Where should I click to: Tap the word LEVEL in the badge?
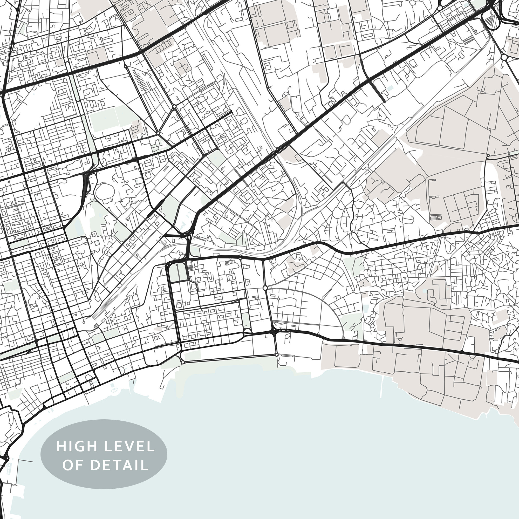pos(129,446)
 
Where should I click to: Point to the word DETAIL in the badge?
pos(119,465)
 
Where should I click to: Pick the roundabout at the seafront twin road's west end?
pos(183,362)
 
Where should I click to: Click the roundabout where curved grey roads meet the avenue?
pos(265,288)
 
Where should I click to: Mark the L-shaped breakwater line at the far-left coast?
pos(23,461)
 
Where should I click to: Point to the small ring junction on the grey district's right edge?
pos(488,155)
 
